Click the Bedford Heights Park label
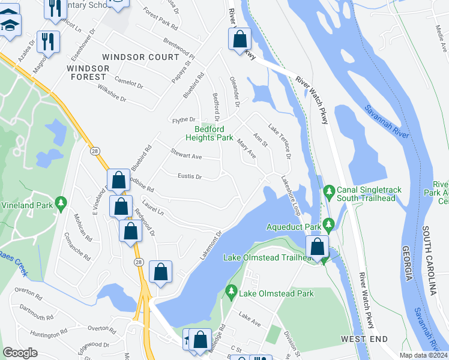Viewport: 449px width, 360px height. point(213,133)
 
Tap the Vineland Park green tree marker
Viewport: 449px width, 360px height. point(60,204)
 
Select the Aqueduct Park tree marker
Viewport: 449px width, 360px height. point(328,225)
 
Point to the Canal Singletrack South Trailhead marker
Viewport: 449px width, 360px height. point(328,191)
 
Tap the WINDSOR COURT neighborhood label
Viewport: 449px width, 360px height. point(140,57)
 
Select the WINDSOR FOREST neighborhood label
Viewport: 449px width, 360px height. point(88,73)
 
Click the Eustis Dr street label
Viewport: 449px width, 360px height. point(190,176)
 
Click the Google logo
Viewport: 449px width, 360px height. point(20,353)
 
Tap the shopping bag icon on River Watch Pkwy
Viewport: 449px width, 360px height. point(240,39)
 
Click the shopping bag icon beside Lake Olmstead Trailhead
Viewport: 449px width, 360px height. point(317,246)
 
